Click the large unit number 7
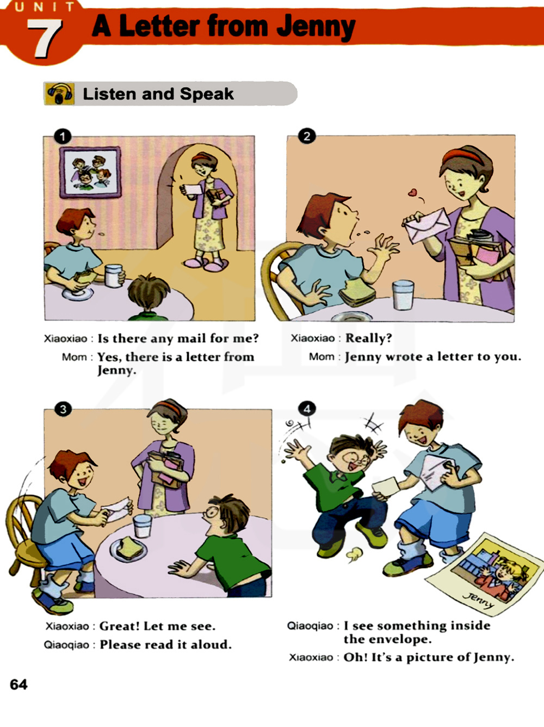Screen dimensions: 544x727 click(x=45, y=38)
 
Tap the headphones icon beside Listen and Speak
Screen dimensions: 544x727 click(x=59, y=94)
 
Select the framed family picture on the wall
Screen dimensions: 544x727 click(x=90, y=172)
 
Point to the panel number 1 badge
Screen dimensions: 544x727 click(x=63, y=136)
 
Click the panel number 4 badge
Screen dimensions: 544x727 click(x=307, y=409)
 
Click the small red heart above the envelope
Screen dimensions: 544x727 click(x=412, y=192)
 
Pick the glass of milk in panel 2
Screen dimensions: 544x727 click(x=403, y=295)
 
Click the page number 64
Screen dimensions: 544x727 click(x=18, y=685)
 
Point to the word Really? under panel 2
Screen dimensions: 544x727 click(x=368, y=338)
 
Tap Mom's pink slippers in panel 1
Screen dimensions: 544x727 click(x=206, y=264)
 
